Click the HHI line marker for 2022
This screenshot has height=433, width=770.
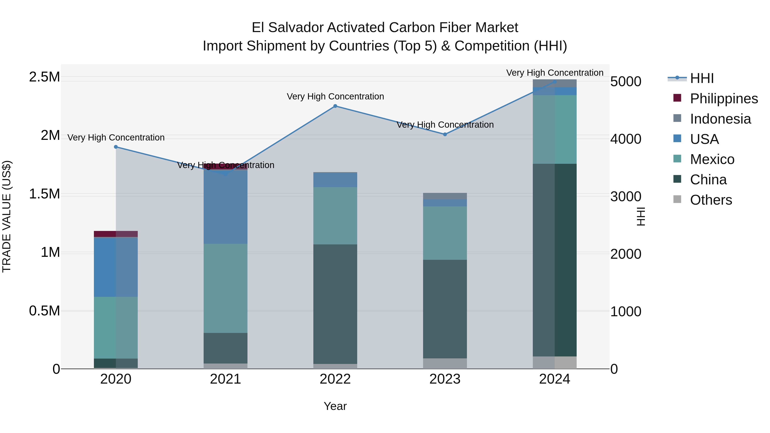335,106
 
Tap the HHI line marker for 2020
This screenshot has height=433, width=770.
116,147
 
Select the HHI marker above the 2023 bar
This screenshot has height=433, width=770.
445,134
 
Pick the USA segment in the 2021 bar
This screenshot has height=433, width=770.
225,207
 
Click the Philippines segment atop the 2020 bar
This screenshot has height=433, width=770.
116,234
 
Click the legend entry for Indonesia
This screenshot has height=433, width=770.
720,119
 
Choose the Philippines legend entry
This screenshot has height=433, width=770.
724,99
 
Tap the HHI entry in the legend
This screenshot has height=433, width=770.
702,78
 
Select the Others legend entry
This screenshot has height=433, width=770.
711,200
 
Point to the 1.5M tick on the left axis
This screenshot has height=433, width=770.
44,194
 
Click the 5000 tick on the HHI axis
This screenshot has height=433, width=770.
626,82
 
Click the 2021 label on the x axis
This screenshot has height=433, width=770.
225,379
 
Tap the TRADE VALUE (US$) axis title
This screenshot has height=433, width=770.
7,216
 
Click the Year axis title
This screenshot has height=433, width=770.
335,406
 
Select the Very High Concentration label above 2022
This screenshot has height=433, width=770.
335,96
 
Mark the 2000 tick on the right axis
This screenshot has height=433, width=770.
626,254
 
